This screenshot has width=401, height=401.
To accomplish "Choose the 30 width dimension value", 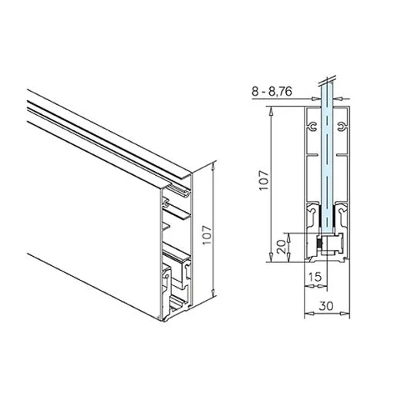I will click(x=328, y=304).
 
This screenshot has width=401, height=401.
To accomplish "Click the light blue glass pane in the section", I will click(x=329, y=170).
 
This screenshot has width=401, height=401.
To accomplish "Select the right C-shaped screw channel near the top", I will click(x=342, y=127).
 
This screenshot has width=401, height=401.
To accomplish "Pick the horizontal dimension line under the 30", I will click(x=328, y=314).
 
